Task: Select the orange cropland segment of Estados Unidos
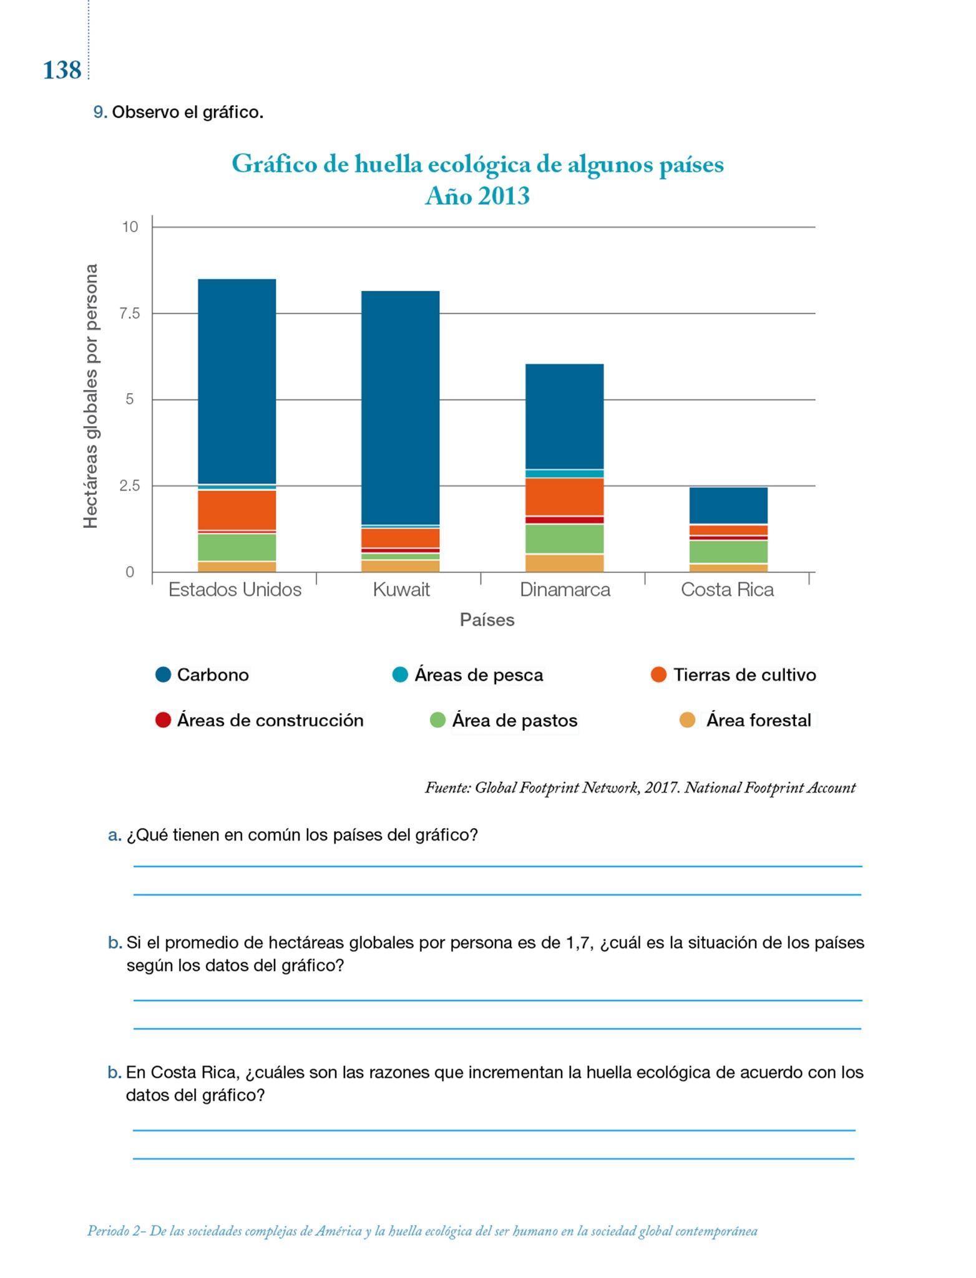point(237,510)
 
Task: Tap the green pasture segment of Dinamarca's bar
point(564,539)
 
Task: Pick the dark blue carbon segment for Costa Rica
point(728,505)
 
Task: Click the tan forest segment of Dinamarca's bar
point(564,563)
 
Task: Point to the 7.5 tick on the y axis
point(130,313)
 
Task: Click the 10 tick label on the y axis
point(130,227)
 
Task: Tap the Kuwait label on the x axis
point(401,590)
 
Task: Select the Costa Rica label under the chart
point(727,590)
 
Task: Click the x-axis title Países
point(487,620)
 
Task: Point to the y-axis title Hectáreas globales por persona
point(91,396)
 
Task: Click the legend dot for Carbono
point(163,675)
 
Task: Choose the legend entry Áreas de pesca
point(479,675)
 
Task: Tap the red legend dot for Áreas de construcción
point(163,720)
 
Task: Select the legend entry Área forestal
point(758,720)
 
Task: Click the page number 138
point(62,70)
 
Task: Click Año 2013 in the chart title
point(477,196)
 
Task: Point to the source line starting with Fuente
point(640,788)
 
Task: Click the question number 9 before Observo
point(99,112)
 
